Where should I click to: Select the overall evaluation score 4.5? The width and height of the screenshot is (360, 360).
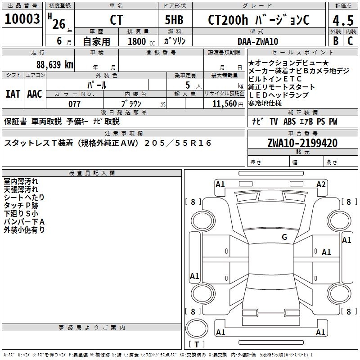342,20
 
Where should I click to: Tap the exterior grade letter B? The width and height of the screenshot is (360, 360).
335,40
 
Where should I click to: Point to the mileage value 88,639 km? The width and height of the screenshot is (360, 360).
54,64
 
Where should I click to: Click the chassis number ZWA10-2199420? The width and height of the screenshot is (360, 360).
302,143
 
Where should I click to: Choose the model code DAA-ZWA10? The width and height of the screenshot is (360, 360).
257,41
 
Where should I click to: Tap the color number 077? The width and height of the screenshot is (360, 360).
74,104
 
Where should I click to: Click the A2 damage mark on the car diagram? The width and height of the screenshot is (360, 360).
321,184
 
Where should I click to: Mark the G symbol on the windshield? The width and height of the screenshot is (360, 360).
284,237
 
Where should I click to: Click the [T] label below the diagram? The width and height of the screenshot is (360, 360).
197,345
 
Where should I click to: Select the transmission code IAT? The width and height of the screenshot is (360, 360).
13,94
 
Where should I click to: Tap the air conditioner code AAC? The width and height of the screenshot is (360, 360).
35,94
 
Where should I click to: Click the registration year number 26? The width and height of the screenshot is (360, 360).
58,23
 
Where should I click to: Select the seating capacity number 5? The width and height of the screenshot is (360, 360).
187,85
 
